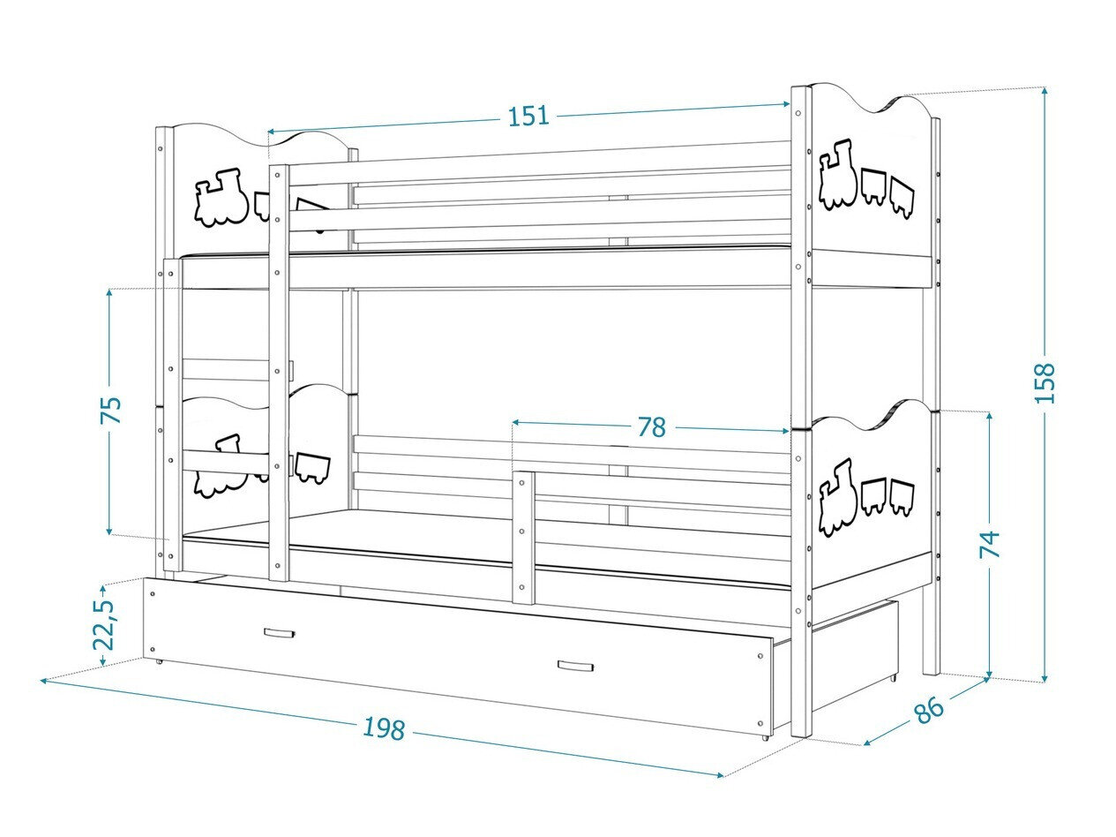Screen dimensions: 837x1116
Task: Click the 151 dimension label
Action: (528, 116)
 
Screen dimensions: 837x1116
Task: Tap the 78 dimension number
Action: (651, 427)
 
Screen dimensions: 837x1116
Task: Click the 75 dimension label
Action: (110, 411)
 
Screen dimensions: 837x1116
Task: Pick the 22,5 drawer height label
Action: (103, 624)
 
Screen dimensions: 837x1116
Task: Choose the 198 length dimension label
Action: (384, 729)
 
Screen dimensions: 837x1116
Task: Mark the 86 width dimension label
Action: (928, 709)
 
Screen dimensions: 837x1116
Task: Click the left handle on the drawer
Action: (279, 633)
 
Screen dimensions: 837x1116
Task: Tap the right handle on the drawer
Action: (574, 667)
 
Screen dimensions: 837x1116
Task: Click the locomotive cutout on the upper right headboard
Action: (837, 175)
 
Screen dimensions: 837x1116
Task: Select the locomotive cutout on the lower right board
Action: (835, 497)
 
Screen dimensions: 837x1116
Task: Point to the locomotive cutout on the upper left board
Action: (221, 197)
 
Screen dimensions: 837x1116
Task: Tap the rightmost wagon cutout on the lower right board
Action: (902, 497)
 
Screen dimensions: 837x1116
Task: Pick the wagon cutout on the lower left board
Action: (312, 467)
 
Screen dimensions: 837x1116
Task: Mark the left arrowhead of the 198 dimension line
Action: (44, 681)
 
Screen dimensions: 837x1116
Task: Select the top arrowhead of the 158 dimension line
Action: (1045, 90)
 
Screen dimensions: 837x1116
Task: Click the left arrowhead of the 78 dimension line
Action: (515, 423)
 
